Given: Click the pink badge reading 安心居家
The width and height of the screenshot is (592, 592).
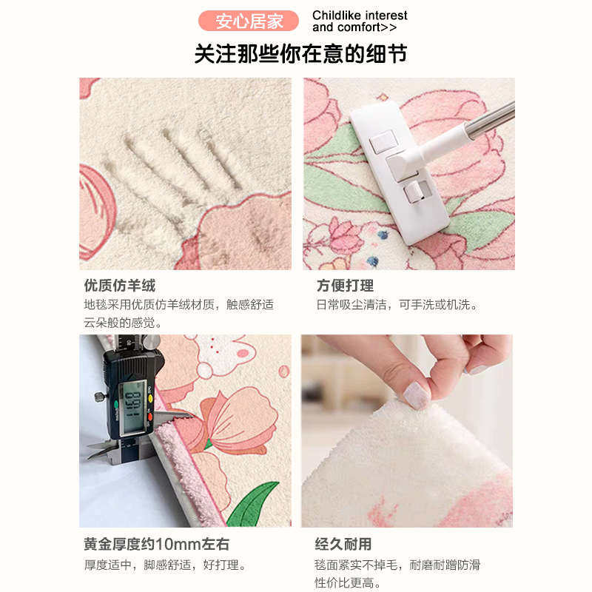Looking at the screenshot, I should (249, 21).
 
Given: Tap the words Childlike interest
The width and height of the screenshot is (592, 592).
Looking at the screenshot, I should (360, 16).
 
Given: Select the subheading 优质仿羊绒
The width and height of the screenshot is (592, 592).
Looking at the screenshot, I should (120, 286).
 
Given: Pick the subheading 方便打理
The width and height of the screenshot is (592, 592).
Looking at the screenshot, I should (345, 286).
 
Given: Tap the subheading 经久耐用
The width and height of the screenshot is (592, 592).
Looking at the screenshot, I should (343, 545).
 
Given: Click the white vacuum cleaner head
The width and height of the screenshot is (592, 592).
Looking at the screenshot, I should (400, 170).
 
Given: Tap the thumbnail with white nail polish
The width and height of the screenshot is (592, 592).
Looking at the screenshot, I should (417, 395).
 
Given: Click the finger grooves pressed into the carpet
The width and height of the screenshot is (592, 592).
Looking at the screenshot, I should (178, 159).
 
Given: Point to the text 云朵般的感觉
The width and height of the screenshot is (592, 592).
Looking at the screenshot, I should (123, 323).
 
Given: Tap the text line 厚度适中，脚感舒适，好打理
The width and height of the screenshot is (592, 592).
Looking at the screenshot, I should (164, 565).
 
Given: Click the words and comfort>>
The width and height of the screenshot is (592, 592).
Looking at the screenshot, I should (354, 27).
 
